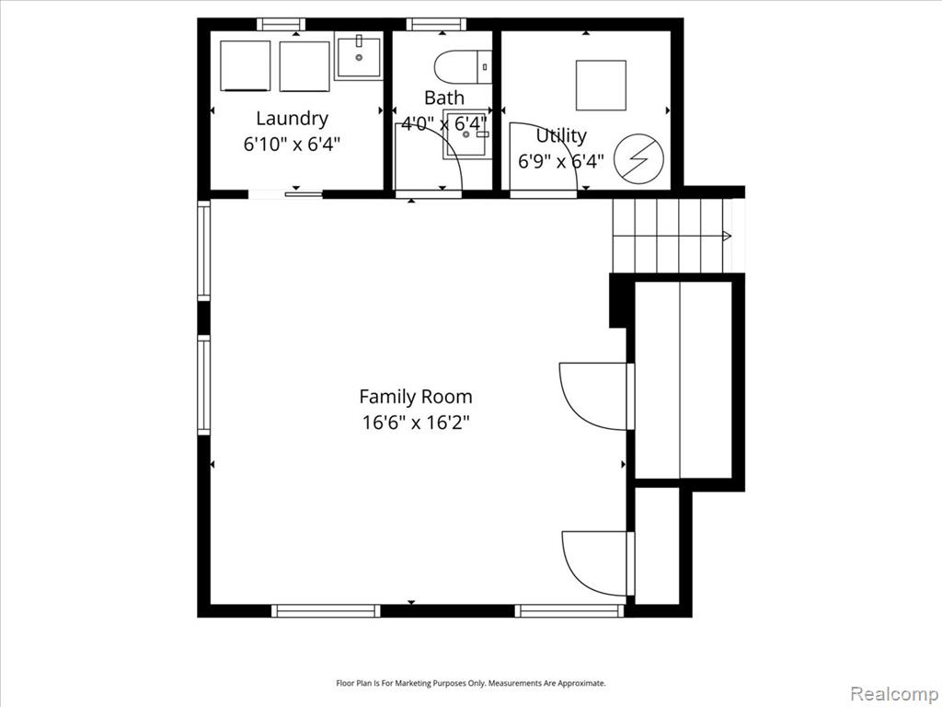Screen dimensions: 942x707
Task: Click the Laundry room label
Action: [292, 119]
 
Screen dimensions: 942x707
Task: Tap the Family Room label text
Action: [416, 397]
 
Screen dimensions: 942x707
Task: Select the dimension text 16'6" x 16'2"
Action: [415, 423]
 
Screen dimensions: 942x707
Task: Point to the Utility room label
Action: [561, 136]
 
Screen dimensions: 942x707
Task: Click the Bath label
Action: [444, 98]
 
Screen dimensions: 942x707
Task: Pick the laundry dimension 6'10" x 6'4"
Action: [292, 145]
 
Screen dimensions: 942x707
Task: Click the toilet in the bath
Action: [464, 66]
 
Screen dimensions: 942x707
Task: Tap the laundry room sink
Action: [359, 58]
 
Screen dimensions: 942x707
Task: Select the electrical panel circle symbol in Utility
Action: [639, 158]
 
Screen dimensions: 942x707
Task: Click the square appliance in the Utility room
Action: [601, 86]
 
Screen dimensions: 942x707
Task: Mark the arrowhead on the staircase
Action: [727, 237]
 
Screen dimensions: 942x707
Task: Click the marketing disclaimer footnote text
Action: [470, 683]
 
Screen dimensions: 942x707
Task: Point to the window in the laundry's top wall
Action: [281, 25]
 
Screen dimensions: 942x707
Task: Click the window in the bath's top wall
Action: [436, 25]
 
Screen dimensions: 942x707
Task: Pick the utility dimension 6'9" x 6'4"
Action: [561, 161]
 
